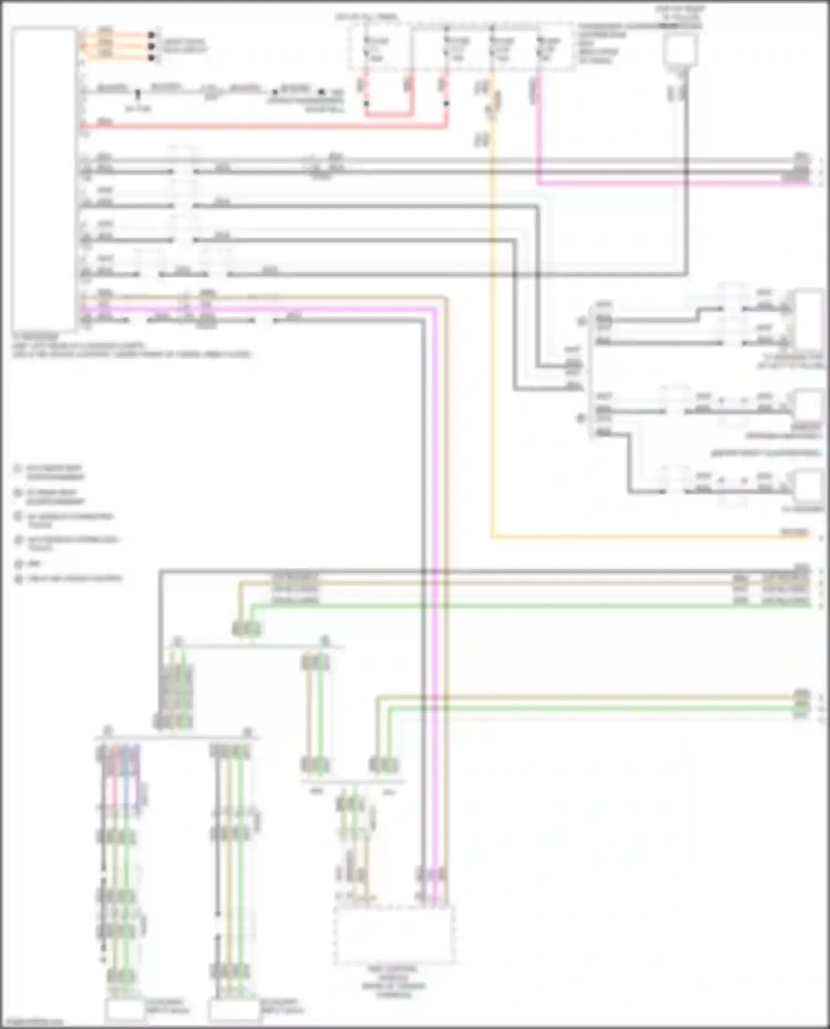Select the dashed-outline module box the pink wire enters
[394, 934]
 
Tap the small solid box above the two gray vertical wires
[681, 50]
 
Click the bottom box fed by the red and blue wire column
[125, 1011]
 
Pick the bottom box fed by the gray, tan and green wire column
[235, 1011]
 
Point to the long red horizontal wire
[266, 127]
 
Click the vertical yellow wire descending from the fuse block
[492, 332]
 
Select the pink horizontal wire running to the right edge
[664, 183]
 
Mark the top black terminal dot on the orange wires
[151, 34]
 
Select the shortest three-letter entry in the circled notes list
[33, 563]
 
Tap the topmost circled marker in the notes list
[18, 468]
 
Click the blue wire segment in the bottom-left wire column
[125, 774]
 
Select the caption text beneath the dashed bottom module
[394, 981]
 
